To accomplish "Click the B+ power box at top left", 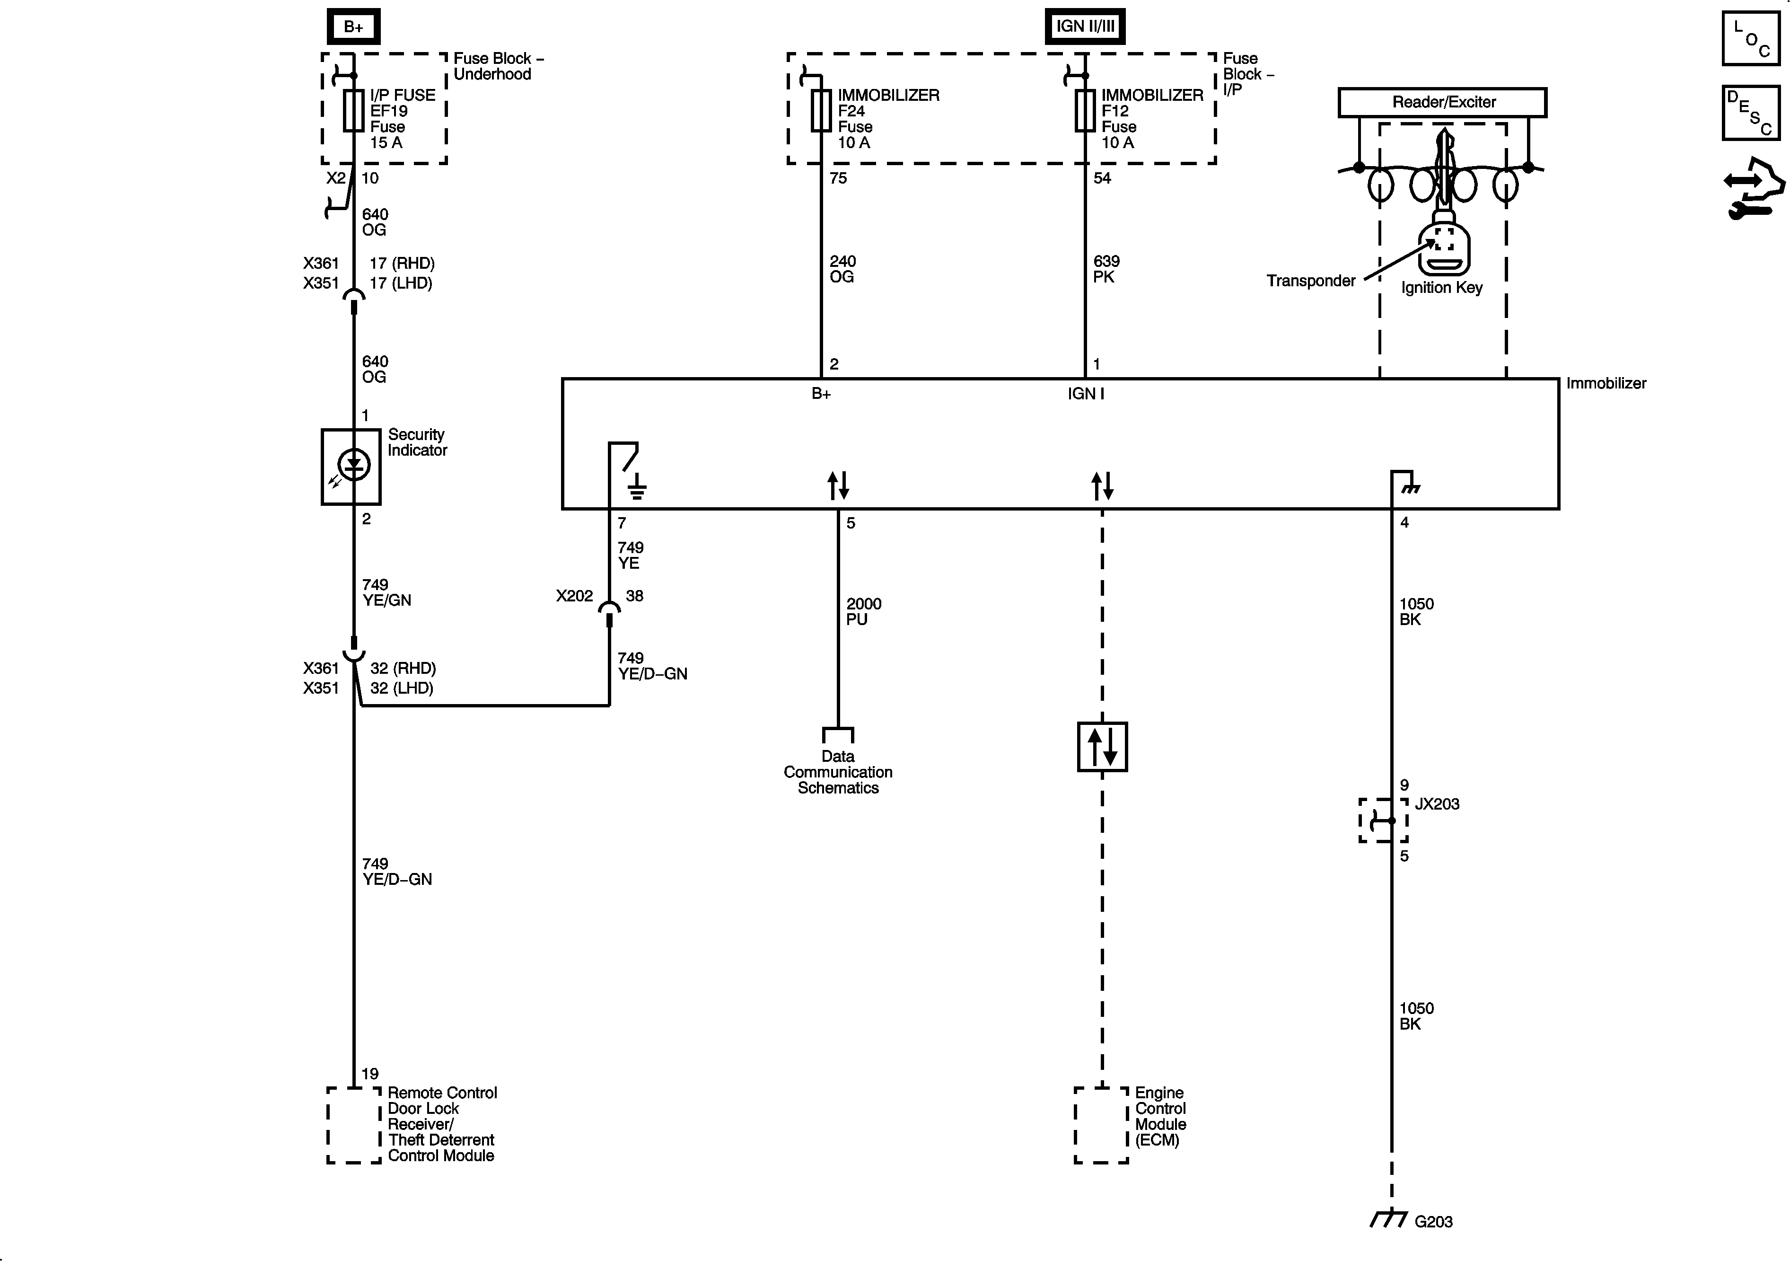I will [x=353, y=26].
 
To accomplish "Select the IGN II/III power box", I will [x=1084, y=26].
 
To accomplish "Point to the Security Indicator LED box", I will [x=351, y=467].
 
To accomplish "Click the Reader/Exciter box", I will [x=1442, y=102].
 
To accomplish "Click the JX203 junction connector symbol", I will [x=1384, y=820].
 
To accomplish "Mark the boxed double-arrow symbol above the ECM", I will [x=1102, y=746].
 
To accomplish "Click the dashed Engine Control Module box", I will [x=1101, y=1125].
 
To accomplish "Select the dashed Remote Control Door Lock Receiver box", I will [x=353, y=1125].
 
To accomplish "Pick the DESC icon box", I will [x=1750, y=113].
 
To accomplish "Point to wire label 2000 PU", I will [x=863, y=611].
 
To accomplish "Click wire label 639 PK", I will [x=1106, y=269].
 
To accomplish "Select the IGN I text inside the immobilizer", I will [x=1085, y=394].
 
